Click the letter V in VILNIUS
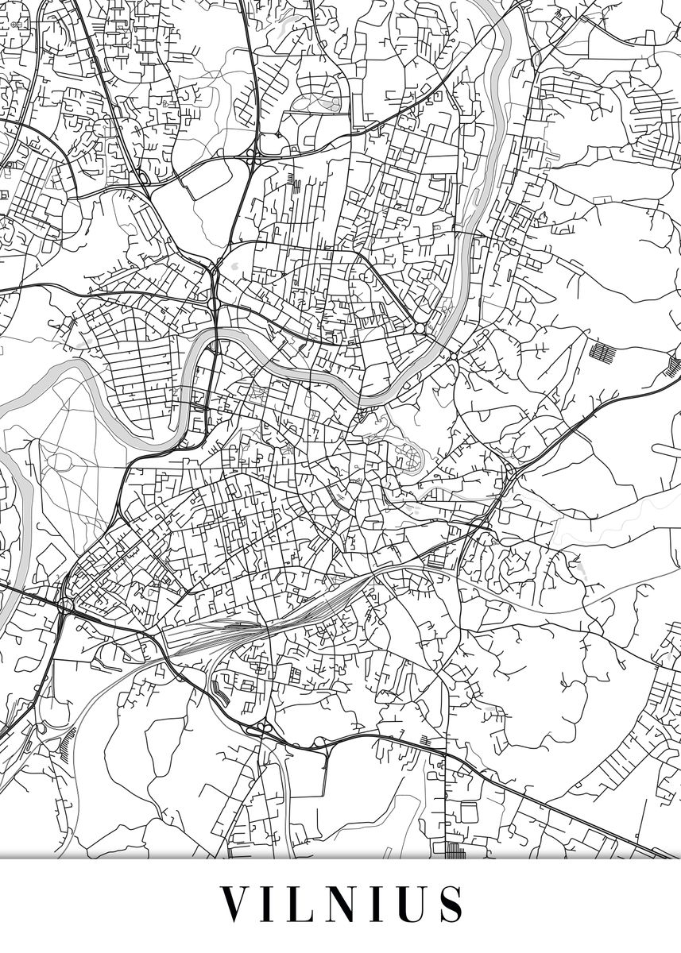pos(235,904)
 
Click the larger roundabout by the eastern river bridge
pos(420,328)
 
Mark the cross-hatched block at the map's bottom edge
pos(454,851)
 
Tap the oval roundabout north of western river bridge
pos(213,303)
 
